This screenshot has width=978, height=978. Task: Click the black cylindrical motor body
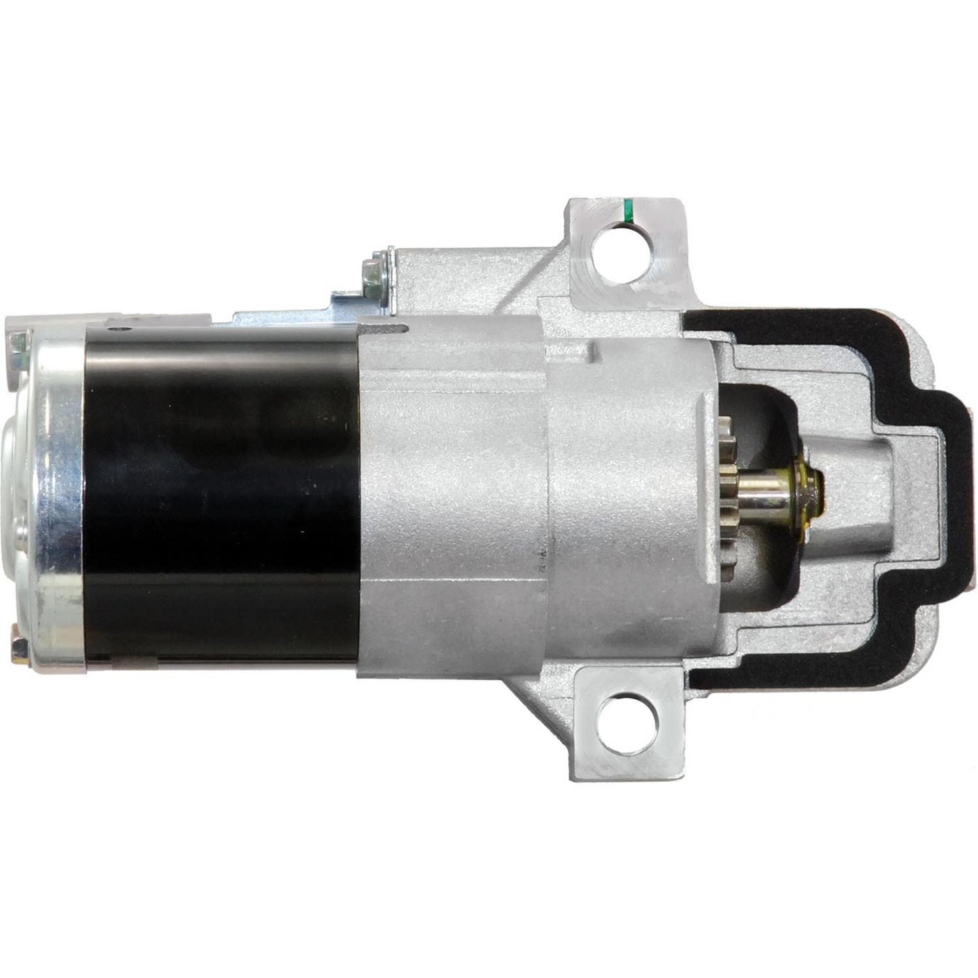pyautogui.click(x=223, y=494)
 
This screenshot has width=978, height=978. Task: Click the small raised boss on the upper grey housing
pyautogui.click(x=596, y=352)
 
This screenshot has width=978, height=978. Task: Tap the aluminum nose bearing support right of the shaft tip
pyautogui.click(x=863, y=487)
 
